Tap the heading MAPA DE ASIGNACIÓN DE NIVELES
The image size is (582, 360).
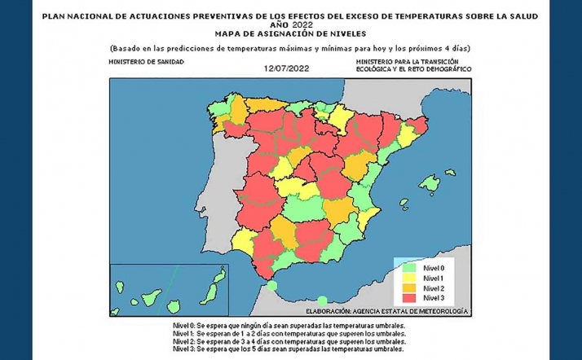290,35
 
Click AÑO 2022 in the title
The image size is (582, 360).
290,24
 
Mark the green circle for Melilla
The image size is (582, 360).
323,301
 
